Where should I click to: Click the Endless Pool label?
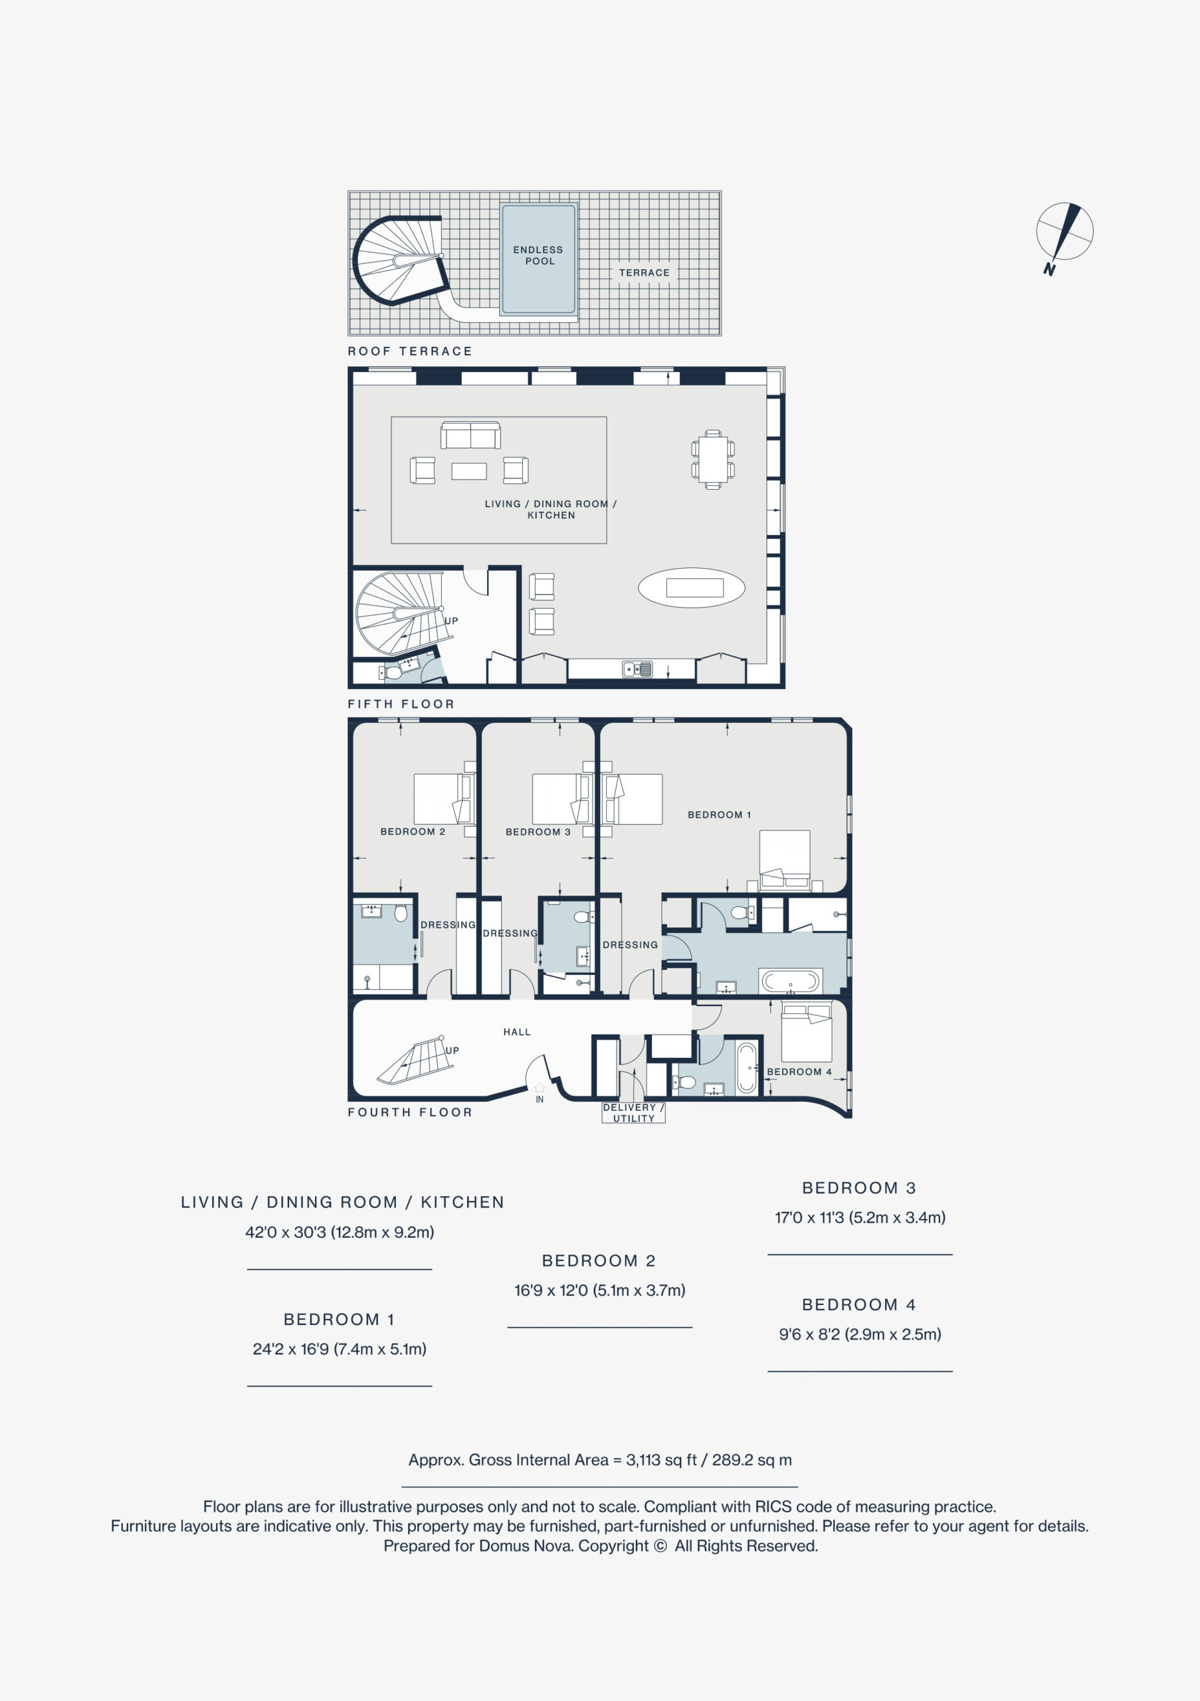pos(538,256)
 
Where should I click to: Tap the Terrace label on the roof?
pos(645,272)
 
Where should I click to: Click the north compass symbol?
pos(1064,237)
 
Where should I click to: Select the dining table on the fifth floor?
pos(712,459)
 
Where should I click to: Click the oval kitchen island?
pos(692,587)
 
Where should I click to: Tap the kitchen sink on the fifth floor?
pos(637,669)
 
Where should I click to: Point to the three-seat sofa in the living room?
pos(470,435)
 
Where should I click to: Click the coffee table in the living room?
pos(469,471)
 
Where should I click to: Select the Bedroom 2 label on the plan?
pos(413,831)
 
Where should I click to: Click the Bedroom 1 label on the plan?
pos(719,815)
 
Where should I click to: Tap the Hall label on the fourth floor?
pos(517,1032)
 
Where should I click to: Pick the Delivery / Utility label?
pos(633,1113)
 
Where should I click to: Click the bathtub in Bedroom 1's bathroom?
pos(791,981)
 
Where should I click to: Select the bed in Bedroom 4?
pos(807,1031)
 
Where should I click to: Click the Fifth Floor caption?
pos(401,704)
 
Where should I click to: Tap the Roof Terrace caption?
pos(409,351)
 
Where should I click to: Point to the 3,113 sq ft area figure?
pos(662,1460)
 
